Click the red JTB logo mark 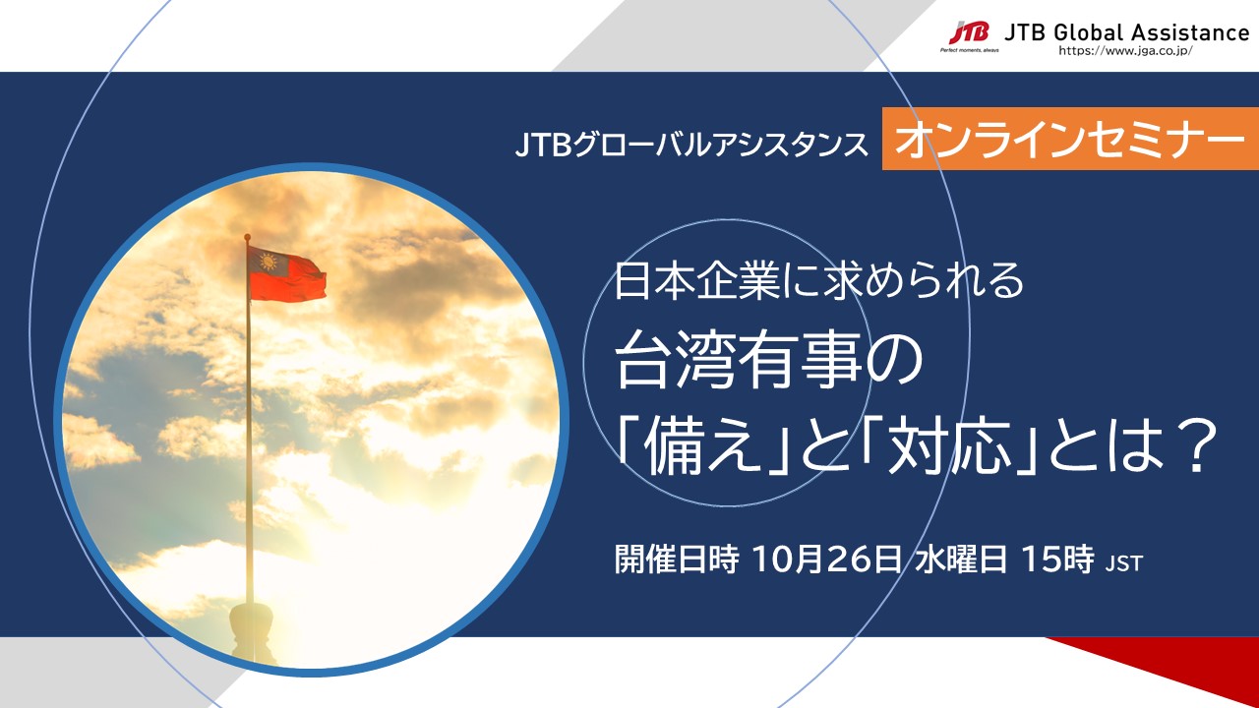point(969,32)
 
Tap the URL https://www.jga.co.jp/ point(1125,50)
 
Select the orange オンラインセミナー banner point(1070,139)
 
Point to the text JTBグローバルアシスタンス point(691,145)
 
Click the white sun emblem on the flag point(268,262)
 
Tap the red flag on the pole point(286,273)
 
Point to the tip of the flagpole point(247,236)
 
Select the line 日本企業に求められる point(819,281)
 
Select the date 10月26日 point(826,560)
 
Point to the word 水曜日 point(960,560)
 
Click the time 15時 point(1057,560)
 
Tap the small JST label point(1124,563)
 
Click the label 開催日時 point(676,560)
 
